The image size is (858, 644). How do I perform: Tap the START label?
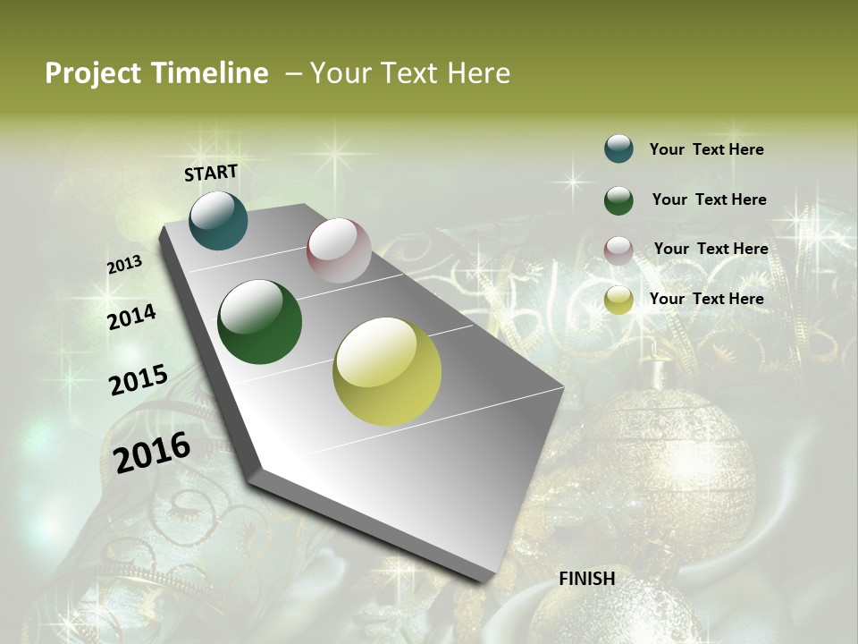pyautogui.click(x=211, y=173)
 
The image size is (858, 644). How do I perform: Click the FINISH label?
pyautogui.click(x=587, y=579)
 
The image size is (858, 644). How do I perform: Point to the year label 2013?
pyautogui.click(x=125, y=265)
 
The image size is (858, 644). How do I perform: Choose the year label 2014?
pyautogui.click(x=132, y=317)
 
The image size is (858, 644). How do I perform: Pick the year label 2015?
pyautogui.click(x=139, y=379)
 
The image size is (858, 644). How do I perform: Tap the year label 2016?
pyautogui.click(x=152, y=452)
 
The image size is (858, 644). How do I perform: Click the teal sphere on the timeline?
pyautogui.click(x=218, y=220)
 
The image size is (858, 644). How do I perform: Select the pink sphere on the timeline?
pyautogui.click(x=339, y=250)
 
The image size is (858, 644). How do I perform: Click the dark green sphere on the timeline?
pyautogui.click(x=260, y=322)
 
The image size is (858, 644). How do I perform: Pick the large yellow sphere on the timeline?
pyautogui.click(x=387, y=371)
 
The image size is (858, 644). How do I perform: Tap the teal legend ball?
pyautogui.click(x=618, y=148)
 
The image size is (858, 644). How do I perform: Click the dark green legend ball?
pyautogui.click(x=618, y=200)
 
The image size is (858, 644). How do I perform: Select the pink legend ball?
pyautogui.click(x=618, y=250)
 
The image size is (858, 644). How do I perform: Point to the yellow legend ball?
pyautogui.click(x=618, y=300)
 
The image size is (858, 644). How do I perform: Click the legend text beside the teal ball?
pyautogui.click(x=706, y=149)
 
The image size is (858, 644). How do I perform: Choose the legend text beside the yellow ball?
pyautogui.click(x=706, y=299)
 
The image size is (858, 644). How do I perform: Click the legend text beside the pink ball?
pyautogui.click(x=711, y=249)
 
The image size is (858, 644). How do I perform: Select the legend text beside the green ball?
pyautogui.click(x=709, y=199)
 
